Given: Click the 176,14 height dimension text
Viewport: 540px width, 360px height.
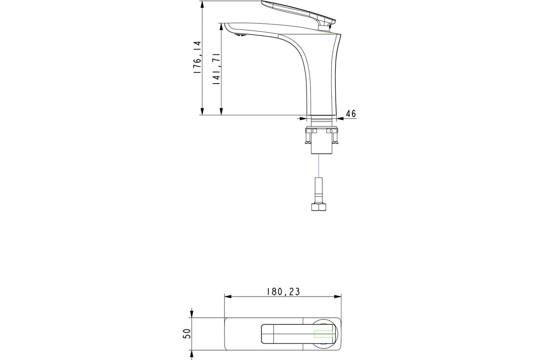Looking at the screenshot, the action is (x=198, y=58).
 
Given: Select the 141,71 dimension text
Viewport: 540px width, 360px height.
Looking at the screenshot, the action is (x=216, y=69).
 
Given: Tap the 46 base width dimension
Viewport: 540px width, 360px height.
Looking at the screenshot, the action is (x=351, y=113).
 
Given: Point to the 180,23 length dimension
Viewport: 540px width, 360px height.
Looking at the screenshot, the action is (x=283, y=292).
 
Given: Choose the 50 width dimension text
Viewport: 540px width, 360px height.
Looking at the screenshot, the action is (x=187, y=333).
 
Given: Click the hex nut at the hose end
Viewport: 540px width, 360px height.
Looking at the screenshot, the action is (x=319, y=207).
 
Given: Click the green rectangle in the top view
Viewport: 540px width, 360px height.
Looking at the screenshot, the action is (x=323, y=334).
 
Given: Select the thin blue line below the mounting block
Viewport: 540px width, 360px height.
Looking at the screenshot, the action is (x=319, y=166).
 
